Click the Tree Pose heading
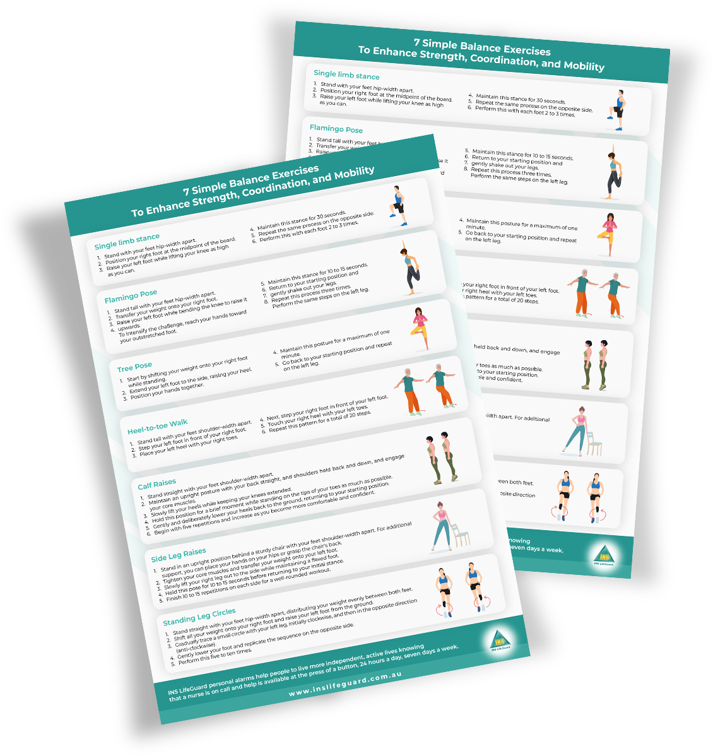134,367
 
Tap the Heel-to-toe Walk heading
157,427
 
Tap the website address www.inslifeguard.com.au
345,683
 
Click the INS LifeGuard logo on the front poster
500,641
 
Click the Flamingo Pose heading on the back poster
336,129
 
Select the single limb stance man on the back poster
618,109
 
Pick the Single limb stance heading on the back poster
346,74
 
